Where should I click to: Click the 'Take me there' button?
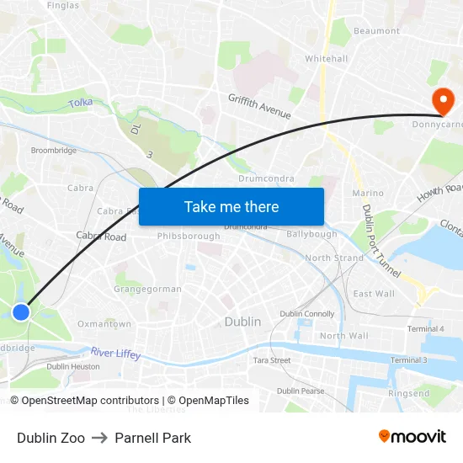coord(231,206)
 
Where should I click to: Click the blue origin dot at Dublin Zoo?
coord(21,312)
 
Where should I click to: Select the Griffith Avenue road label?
coord(259,106)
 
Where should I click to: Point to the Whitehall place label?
coord(326,59)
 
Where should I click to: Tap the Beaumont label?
coord(377,31)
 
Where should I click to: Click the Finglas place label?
coord(63,5)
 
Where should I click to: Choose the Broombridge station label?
coord(54,151)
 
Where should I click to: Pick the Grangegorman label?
coord(147,289)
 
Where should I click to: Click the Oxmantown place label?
coord(104,323)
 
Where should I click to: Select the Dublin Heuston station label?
coord(73,366)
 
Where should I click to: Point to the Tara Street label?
coord(272,360)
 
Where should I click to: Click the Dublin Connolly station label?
coord(307,314)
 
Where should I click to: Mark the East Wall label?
coord(374,294)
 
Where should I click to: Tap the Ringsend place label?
coord(409,393)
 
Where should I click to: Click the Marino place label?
coord(368,193)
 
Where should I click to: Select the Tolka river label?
coord(81,103)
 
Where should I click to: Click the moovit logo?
coord(412,437)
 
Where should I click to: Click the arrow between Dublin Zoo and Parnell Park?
coord(100,438)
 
